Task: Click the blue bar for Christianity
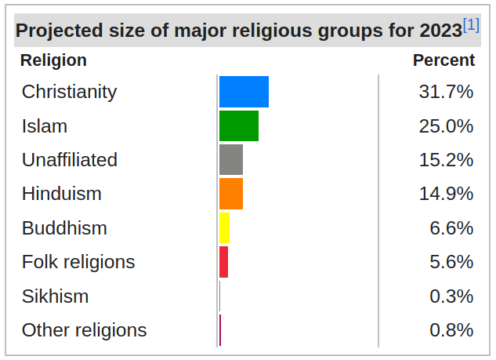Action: click(244, 92)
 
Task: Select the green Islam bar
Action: click(239, 125)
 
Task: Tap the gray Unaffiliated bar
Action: click(231, 160)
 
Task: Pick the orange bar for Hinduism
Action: click(231, 194)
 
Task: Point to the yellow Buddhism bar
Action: click(224, 228)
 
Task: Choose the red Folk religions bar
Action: click(223, 262)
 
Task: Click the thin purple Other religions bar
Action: click(220, 330)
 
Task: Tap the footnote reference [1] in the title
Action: click(471, 25)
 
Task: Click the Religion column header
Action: click(53, 60)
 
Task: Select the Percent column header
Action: click(444, 60)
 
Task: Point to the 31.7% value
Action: click(446, 92)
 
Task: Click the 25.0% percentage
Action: click(446, 125)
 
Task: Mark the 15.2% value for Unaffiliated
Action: click(446, 160)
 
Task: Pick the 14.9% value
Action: click(446, 194)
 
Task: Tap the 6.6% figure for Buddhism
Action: click(451, 228)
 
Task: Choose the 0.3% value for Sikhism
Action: click(451, 296)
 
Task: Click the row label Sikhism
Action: click(55, 296)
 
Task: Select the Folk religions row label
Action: click(78, 262)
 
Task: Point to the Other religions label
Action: click(84, 330)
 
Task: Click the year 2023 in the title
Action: click(440, 31)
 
